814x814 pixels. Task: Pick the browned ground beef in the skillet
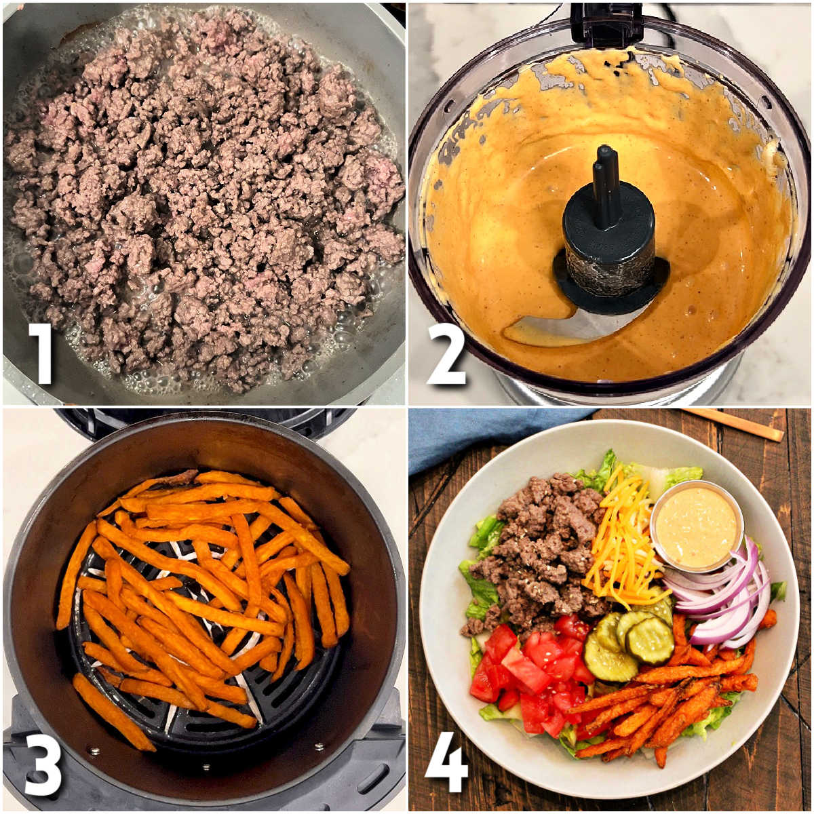click(203, 203)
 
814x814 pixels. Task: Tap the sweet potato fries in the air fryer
click(203, 597)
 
